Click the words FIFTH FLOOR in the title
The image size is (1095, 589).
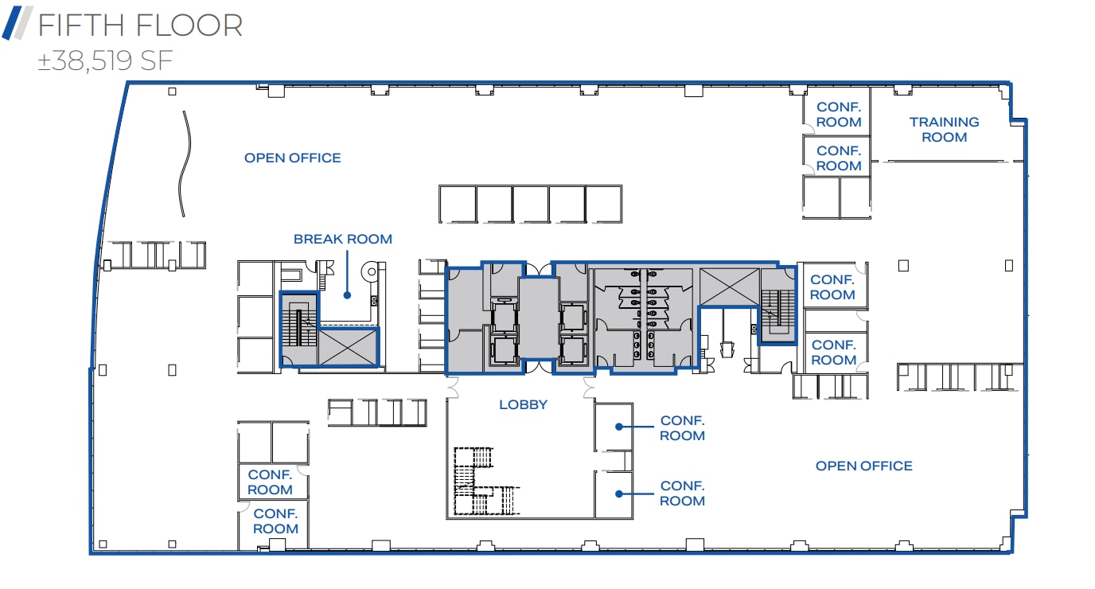pyautogui.click(x=140, y=25)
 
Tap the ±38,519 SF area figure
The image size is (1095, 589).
pyautogui.click(x=106, y=61)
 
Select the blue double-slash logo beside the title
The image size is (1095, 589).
pyautogui.click(x=18, y=23)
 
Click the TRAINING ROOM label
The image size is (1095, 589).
pyautogui.click(x=944, y=130)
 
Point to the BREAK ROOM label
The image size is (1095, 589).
pyautogui.click(x=342, y=239)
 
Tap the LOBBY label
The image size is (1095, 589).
pyautogui.click(x=523, y=404)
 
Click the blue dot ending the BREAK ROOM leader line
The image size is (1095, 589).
pyautogui.click(x=347, y=295)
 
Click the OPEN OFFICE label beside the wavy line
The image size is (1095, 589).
pyautogui.click(x=292, y=158)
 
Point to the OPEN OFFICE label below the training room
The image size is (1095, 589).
pyautogui.click(x=863, y=466)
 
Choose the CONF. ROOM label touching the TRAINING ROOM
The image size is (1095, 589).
pyautogui.click(x=839, y=115)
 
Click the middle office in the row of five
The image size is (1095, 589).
pyautogui.click(x=531, y=205)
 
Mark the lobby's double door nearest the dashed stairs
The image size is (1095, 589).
pyautogui.click(x=455, y=388)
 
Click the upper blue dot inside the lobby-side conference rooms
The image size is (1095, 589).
pyautogui.click(x=618, y=427)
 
